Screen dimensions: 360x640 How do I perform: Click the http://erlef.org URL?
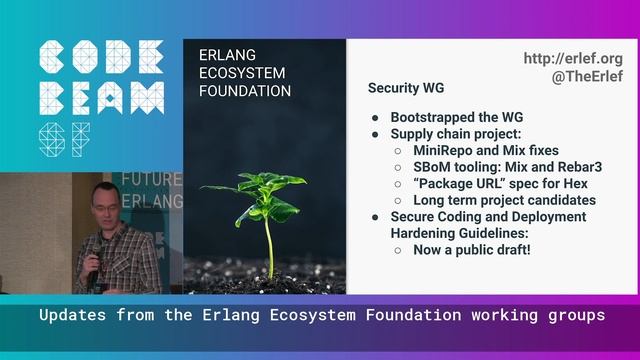tap(573, 59)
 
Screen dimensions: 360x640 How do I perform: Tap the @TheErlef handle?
tap(587, 77)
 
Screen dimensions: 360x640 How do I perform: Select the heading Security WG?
tap(407, 88)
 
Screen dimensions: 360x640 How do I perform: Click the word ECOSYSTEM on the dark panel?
tap(241, 72)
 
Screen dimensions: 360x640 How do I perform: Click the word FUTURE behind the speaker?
tap(152, 180)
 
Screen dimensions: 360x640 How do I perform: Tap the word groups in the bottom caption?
tap(577, 316)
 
